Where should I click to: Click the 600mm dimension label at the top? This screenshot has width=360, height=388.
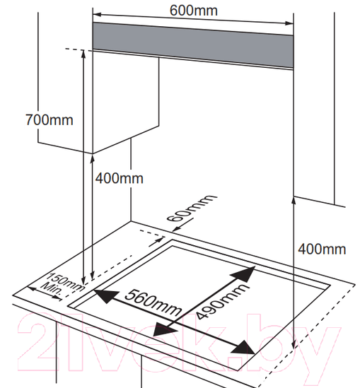tap(194, 11)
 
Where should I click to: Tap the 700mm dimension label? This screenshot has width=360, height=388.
tap(50, 120)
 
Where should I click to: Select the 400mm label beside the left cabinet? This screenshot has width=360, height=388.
tap(120, 178)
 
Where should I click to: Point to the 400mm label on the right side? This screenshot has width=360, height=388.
tap(322, 249)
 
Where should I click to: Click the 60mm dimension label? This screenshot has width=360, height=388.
tap(191, 208)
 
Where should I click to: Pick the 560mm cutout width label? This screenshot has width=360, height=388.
tap(153, 302)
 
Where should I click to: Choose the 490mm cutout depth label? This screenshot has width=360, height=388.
tap(222, 301)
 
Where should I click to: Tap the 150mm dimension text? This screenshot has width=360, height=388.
tap(66, 281)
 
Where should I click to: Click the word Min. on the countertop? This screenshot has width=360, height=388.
tap(52, 288)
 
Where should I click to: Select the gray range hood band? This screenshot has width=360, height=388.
tap(193, 45)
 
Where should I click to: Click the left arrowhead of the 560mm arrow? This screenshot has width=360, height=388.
tap(106, 296)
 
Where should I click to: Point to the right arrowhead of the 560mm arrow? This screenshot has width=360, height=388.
tap(243, 348)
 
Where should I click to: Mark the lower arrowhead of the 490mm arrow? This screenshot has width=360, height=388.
tap(164, 329)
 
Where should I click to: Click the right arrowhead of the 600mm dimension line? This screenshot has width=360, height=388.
tap(289, 23)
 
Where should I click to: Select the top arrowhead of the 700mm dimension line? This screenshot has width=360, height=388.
tap(83, 54)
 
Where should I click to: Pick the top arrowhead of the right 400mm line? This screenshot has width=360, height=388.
tap(294, 201)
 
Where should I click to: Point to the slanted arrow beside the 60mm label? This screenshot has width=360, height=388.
tap(182, 225)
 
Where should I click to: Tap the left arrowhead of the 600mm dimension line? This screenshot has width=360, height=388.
tap(97, 15)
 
